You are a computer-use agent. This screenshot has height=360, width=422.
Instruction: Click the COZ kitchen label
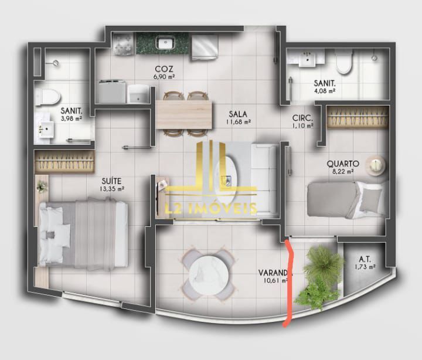pyautogui.click(x=164, y=67)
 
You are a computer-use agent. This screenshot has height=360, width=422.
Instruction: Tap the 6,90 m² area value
pyautogui.click(x=164, y=76)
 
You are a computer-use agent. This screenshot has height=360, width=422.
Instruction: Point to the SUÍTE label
pyautogui.click(x=112, y=181)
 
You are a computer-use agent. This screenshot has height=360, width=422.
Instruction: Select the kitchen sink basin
pyautogui.click(x=165, y=42)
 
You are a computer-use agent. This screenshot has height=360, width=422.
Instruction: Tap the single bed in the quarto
pyautogui.click(x=346, y=198)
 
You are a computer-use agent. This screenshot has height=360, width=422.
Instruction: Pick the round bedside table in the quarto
pyautogui.click(x=376, y=164)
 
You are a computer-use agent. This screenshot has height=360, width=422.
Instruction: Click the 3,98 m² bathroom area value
pyautogui.click(x=70, y=118)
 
